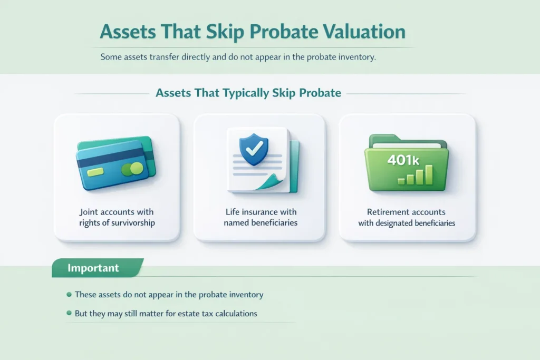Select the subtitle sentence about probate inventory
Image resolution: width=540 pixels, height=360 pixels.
(238, 57)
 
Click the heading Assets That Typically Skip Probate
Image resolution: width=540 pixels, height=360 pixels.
(248, 93)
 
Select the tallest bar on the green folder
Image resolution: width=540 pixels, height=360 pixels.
(430, 174)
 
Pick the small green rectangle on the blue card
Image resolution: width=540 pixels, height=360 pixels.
(96, 172)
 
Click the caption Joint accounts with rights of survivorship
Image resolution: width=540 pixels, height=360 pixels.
(117, 217)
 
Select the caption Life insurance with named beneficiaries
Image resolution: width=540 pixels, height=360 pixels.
(260, 217)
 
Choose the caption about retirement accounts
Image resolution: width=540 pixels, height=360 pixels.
(407, 217)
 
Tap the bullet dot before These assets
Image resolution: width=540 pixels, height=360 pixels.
(69, 295)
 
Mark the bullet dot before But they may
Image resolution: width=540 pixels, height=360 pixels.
(69, 313)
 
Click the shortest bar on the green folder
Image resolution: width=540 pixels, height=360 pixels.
(401, 181)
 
